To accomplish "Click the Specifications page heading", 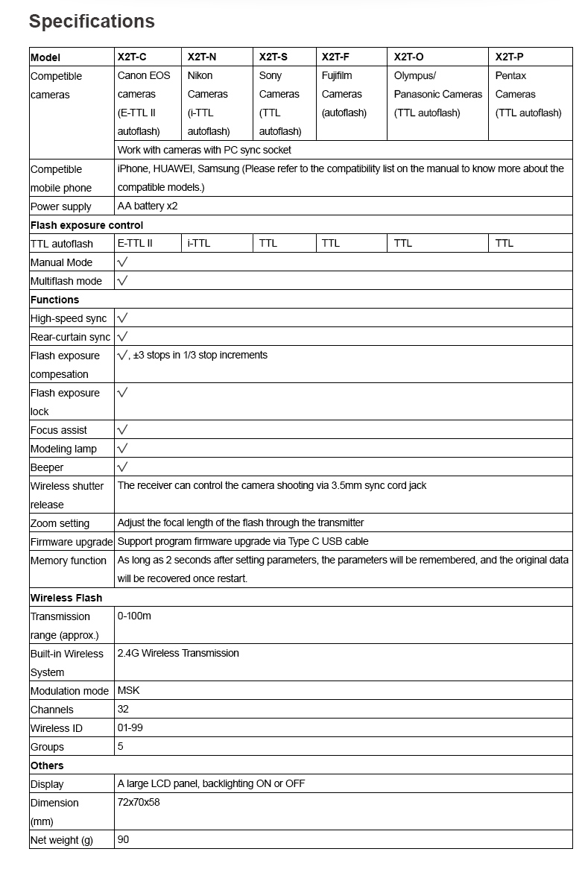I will click(x=92, y=22).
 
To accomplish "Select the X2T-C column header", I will click(x=132, y=57).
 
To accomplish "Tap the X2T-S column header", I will click(x=273, y=57).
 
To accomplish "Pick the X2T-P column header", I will click(x=510, y=57).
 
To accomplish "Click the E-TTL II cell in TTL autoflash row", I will click(x=135, y=243).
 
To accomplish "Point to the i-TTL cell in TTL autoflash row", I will click(x=199, y=243).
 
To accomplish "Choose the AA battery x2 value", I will click(x=148, y=206).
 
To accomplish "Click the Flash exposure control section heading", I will click(x=86, y=225).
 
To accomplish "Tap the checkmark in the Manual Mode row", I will click(x=122, y=262).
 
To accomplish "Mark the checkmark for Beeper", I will click(x=122, y=467).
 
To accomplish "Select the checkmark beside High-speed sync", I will click(x=122, y=318).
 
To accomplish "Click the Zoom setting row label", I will click(x=60, y=523).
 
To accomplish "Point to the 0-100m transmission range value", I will click(x=134, y=616).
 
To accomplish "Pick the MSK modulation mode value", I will click(x=128, y=690).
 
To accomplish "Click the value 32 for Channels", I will click(x=123, y=709).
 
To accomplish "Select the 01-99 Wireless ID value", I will click(x=130, y=727).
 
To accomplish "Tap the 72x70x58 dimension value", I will click(x=139, y=802).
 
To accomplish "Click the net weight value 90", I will click(x=123, y=839).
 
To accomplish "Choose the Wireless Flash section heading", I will click(x=66, y=598).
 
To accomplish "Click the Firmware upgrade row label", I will click(x=72, y=542).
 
